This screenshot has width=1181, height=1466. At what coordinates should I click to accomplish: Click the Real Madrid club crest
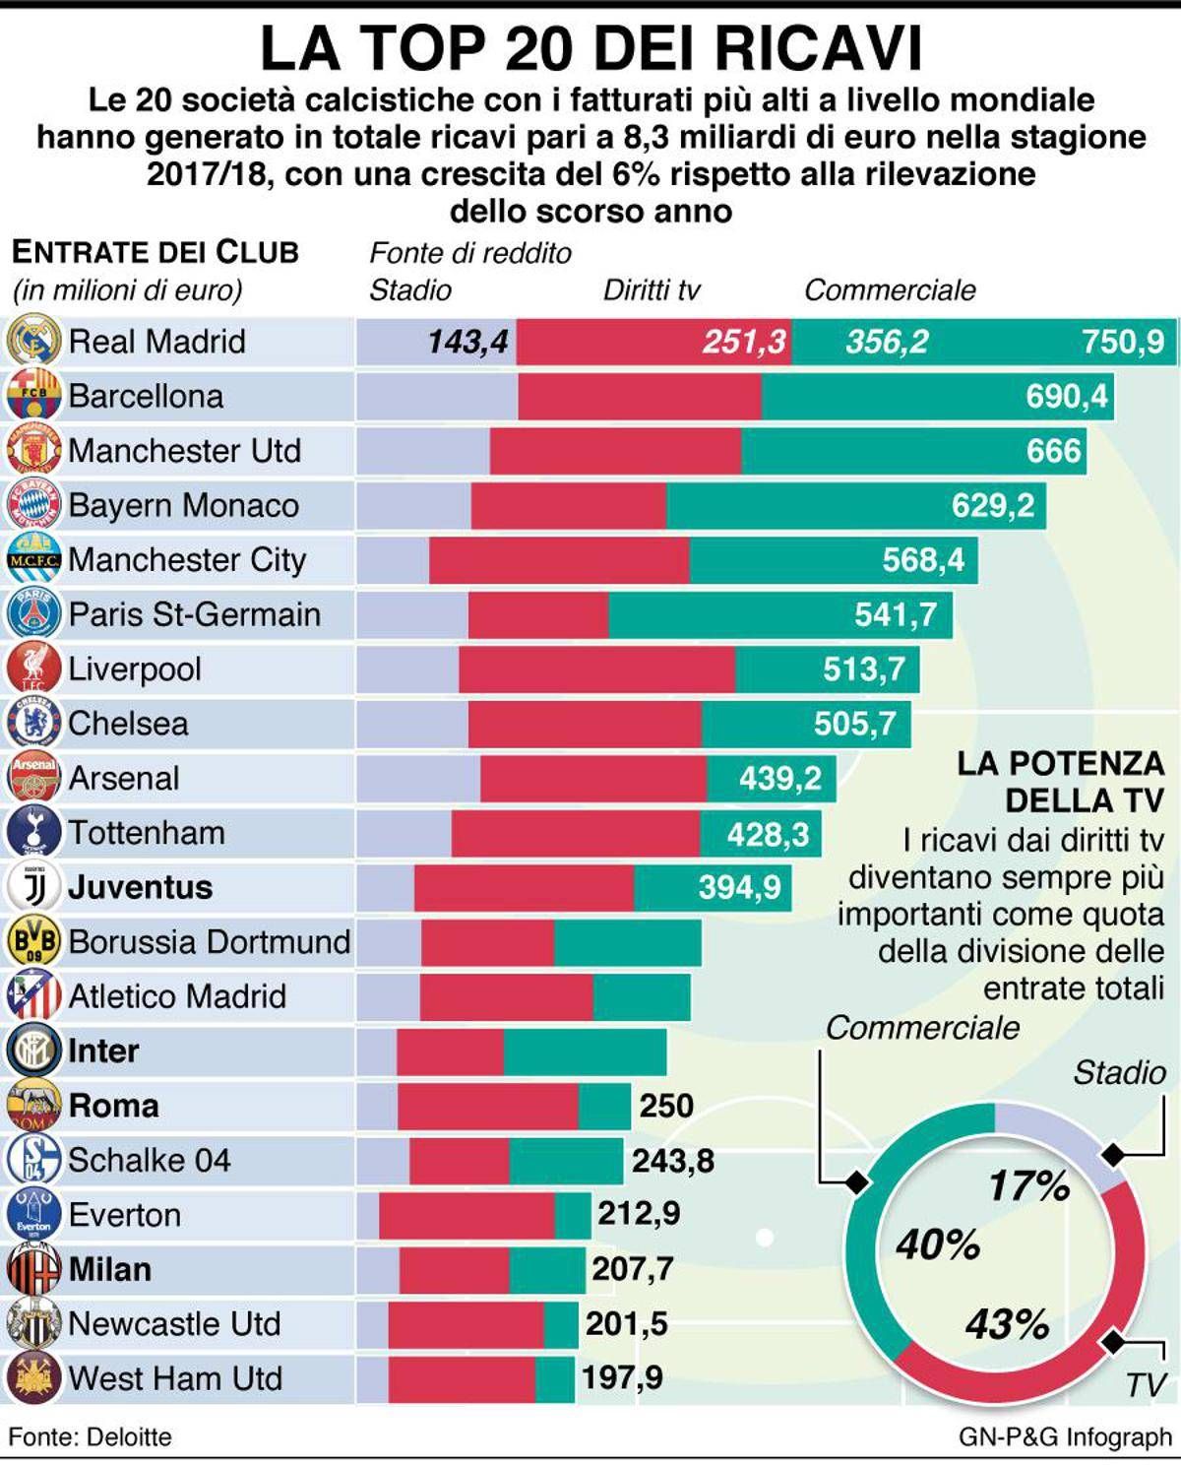[34, 341]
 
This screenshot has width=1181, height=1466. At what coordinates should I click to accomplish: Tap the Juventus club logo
[34, 887]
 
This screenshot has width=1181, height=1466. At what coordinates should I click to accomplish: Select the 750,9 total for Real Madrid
[1122, 342]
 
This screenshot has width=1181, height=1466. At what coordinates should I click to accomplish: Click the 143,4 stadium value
[467, 342]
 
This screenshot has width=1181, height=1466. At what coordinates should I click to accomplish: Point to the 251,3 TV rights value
[744, 342]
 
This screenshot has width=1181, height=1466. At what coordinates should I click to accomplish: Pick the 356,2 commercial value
[887, 342]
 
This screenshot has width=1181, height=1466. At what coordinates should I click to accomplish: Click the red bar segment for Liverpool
[596, 669]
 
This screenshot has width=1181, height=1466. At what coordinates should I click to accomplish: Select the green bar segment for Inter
[585, 1052]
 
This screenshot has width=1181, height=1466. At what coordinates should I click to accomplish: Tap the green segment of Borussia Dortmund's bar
[627, 942]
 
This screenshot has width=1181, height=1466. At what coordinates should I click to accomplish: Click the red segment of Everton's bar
[466, 1215]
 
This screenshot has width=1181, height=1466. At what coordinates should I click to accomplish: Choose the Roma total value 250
[666, 1106]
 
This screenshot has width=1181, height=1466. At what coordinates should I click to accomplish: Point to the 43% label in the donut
[1007, 1324]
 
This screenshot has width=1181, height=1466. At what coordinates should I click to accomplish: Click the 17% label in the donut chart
[1028, 1185]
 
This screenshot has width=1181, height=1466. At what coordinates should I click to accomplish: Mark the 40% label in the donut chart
[938, 1245]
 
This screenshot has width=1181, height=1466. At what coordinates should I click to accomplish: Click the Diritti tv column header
[652, 289]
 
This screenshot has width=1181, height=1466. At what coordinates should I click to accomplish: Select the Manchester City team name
[187, 560]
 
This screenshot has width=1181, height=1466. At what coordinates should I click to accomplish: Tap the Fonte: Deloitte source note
[91, 1436]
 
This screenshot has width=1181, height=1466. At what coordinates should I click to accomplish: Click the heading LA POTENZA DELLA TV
[1061, 782]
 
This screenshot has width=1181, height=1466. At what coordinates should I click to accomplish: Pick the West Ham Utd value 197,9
[622, 1377]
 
